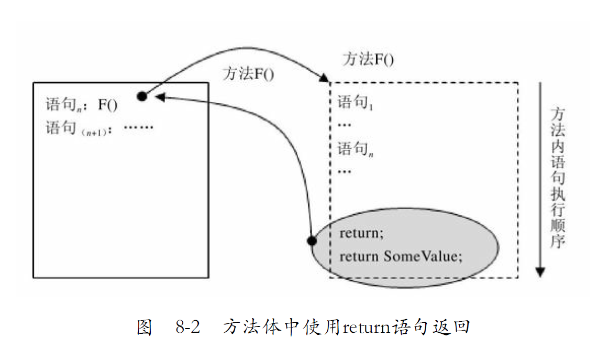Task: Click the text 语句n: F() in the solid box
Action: click(82, 105)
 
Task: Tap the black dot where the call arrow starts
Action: click(141, 96)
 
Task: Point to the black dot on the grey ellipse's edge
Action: click(312, 242)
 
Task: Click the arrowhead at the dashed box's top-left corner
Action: click(325, 79)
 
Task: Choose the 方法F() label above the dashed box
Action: click(368, 59)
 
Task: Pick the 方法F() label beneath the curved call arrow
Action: click(248, 73)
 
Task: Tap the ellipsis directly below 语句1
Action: click(345, 126)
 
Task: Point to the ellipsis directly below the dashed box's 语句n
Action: click(345, 171)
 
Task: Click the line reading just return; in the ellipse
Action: click(361, 233)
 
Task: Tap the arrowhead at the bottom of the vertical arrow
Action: click(540, 271)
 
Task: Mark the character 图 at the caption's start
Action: click(144, 328)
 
